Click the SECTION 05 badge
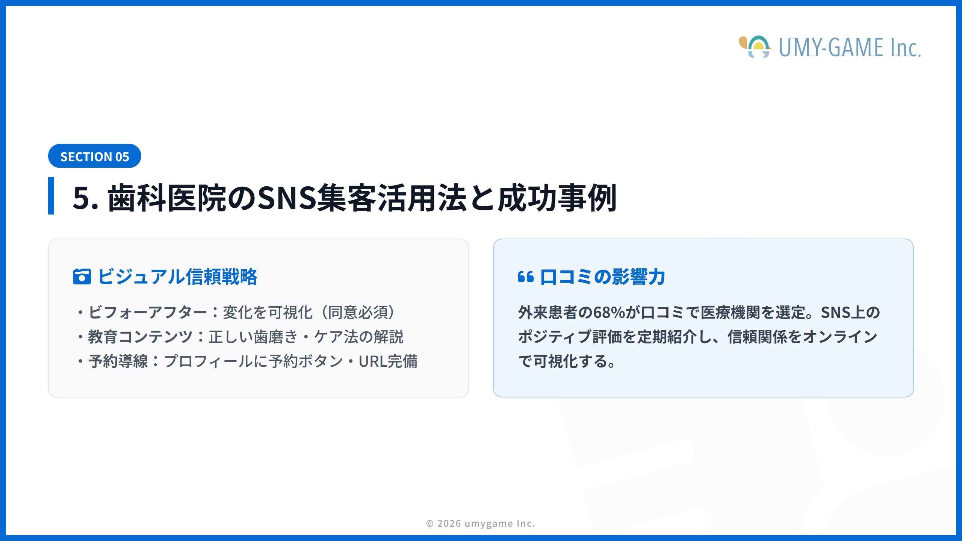95,156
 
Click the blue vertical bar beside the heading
51,196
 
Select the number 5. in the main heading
85,198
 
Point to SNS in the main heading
287,198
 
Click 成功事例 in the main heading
557,198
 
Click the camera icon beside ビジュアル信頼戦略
82,277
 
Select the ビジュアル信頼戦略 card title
177,277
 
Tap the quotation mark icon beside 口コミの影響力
526,277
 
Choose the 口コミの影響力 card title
602,277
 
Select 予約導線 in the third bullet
118,361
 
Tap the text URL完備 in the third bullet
388,361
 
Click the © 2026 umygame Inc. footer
481,523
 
